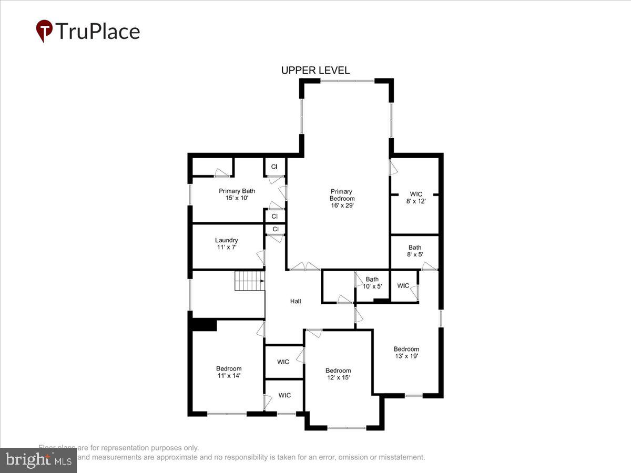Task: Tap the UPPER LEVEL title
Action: click(x=315, y=70)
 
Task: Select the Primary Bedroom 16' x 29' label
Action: click(x=342, y=199)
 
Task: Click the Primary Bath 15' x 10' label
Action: click(x=237, y=194)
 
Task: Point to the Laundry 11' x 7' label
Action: click(x=226, y=243)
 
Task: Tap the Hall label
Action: click(x=296, y=301)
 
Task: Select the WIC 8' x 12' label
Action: click(x=415, y=198)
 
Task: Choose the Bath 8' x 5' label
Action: click(x=415, y=251)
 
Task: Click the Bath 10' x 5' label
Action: click(x=372, y=283)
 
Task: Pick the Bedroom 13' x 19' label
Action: click(x=406, y=353)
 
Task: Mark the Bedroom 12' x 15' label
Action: click(x=338, y=374)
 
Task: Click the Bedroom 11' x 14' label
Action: click(x=229, y=372)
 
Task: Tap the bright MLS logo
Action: click(x=38, y=460)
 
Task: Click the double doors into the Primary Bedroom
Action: click(x=306, y=267)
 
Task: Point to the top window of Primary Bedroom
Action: click(x=347, y=81)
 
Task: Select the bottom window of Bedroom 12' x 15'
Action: click(x=347, y=428)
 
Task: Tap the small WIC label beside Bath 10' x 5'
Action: click(x=403, y=285)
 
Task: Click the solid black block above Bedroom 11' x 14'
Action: click(x=204, y=325)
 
